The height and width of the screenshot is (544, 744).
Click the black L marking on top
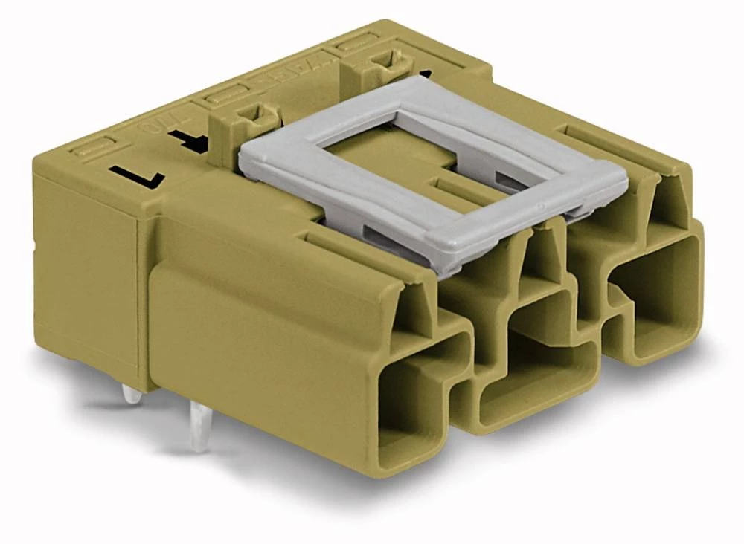click(137, 176)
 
